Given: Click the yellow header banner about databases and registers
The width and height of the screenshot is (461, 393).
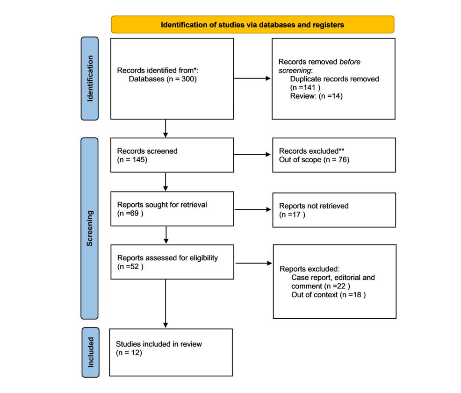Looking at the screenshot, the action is coord(252,24).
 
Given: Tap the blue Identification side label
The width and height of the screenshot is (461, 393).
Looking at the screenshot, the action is coord(90,79).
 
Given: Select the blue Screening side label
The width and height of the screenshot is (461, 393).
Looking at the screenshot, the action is coord(89,229).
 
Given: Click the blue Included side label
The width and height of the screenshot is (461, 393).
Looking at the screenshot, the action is coord(91,352).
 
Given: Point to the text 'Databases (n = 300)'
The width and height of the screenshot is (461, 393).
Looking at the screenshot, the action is coord(163,79).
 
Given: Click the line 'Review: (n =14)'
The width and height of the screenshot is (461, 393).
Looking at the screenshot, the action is coord(317,96).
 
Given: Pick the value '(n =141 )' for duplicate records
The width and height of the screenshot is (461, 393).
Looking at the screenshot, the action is coord(305,87).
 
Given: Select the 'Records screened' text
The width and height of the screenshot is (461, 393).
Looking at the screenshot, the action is coord(147,151).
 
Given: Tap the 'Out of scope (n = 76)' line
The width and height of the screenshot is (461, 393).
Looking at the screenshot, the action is coord(314,160).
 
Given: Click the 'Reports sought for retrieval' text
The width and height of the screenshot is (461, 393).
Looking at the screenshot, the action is coord(162,205).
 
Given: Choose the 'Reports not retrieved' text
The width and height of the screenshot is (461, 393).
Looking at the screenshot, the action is coord(314,206).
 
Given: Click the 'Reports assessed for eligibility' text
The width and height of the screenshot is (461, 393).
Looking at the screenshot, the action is coord(167,258).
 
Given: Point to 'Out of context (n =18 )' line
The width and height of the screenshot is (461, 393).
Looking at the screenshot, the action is coord(328,295).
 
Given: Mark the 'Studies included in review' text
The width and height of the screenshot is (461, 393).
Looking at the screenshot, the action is coord(159,344).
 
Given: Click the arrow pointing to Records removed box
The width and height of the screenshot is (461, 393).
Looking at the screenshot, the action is coord(252,79).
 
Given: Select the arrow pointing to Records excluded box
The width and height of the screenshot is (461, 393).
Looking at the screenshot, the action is coord(252,154).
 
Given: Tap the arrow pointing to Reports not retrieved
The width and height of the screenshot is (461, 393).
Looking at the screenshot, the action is coord(253,209).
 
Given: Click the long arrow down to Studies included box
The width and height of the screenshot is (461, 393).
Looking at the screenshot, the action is coord(166,303).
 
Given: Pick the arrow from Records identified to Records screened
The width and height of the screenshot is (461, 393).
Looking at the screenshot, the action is coord(166,129).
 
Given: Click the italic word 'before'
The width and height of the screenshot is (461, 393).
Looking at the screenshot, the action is coord(350,62).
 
